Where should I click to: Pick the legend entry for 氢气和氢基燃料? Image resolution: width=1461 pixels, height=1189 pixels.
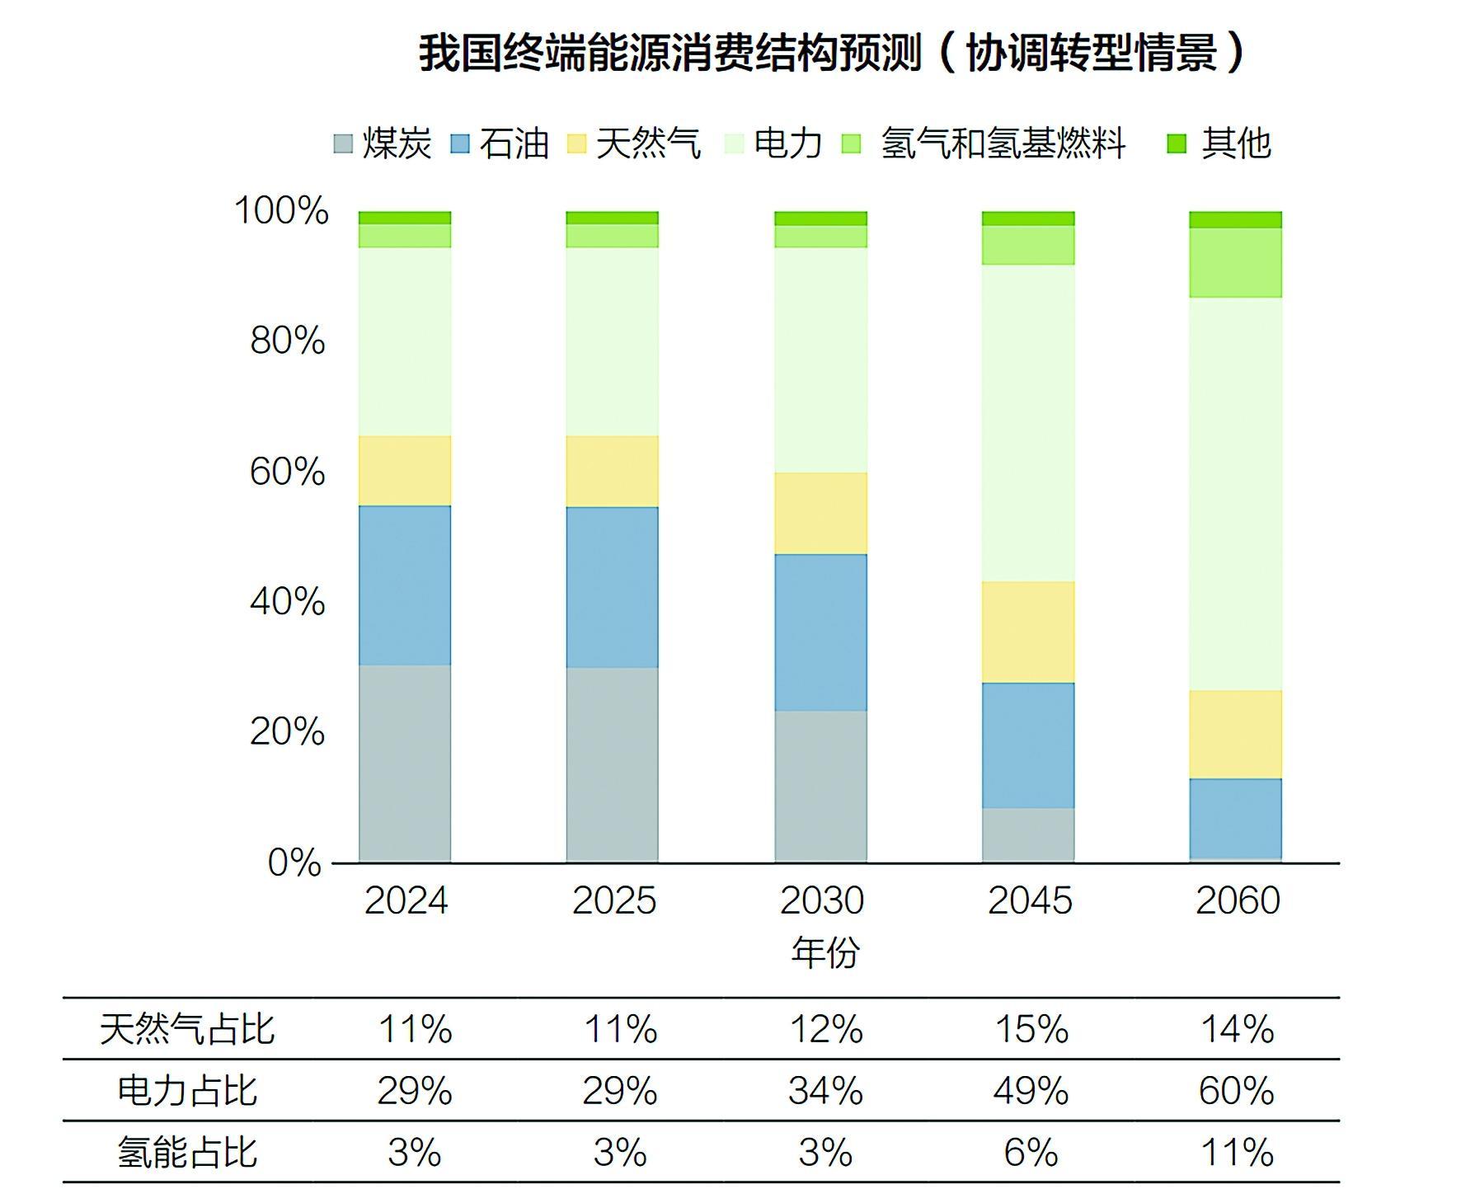point(984,143)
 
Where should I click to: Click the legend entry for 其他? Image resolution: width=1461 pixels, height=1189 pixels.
point(1220,143)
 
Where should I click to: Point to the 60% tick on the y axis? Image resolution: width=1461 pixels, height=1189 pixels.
point(288,472)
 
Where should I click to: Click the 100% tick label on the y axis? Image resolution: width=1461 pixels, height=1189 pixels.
point(282,210)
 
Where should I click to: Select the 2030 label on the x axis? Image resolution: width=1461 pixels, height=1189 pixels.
point(821,900)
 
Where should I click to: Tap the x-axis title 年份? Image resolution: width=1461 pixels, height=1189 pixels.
point(824,952)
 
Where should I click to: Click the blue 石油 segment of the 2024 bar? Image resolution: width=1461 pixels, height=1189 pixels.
point(405,585)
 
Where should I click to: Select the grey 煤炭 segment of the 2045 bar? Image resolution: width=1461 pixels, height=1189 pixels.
point(1028,834)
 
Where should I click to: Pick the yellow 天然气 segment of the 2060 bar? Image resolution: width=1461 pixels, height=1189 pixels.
point(1235,734)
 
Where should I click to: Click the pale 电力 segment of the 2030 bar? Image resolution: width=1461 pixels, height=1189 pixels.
point(821,360)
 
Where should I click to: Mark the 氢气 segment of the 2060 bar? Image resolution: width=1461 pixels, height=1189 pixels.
point(1235,262)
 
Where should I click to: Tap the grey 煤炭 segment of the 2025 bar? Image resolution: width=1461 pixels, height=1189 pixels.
point(613,764)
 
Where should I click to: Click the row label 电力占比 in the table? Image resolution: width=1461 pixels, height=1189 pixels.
point(187,1091)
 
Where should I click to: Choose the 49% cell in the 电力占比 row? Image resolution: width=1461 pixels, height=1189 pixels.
point(1031,1091)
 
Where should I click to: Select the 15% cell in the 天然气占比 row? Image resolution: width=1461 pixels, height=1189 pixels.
point(1031,1029)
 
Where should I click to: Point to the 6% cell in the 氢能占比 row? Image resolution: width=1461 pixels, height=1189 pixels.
point(1031,1153)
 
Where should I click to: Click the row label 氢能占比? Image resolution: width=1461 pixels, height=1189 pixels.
point(187,1153)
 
